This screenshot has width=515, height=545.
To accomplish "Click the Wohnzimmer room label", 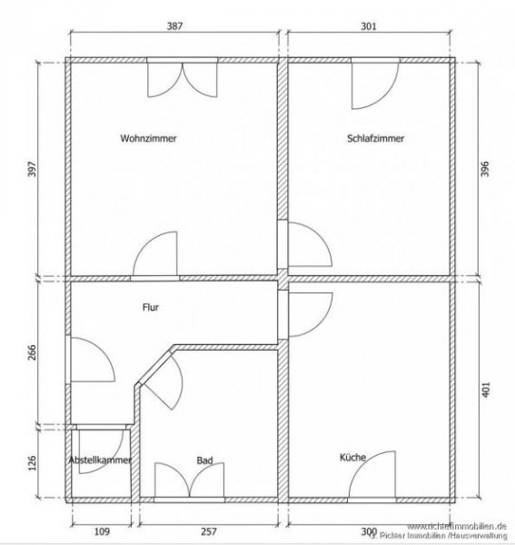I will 148,139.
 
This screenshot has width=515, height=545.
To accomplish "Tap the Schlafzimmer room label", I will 375,139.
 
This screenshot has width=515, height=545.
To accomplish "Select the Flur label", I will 152,307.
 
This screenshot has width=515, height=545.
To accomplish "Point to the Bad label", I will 204,461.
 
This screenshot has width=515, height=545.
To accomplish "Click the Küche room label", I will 352,458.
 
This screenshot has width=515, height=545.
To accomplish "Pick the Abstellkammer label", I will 101,461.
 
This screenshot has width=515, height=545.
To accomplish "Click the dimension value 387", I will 175,27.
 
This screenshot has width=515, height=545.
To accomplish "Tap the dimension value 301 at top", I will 368,27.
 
